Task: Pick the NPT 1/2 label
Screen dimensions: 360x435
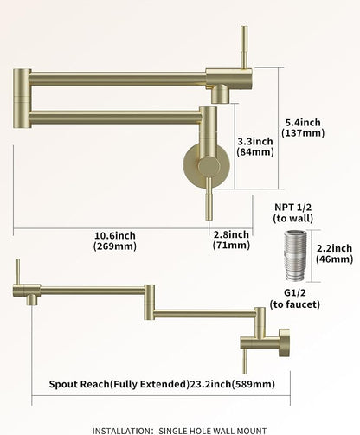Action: (x=293, y=207)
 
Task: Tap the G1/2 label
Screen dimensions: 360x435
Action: (x=295, y=292)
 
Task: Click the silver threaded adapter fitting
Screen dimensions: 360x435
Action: (x=295, y=256)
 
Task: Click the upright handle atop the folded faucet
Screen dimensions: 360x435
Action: (x=244, y=48)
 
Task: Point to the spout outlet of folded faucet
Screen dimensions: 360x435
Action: (x=221, y=94)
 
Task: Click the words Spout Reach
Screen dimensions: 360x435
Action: (x=79, y=384)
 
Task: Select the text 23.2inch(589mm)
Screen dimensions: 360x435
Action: (x=232, y=384)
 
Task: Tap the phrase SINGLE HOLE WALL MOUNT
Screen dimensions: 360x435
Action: (x=213, y=431)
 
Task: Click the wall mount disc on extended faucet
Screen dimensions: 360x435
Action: (x=285, y=342)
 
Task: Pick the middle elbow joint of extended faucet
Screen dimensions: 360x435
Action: (x=150, y=303)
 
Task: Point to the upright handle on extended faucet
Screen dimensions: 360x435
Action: (x=18, y=272)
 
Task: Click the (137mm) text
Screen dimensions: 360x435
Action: (x=303, y=133)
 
